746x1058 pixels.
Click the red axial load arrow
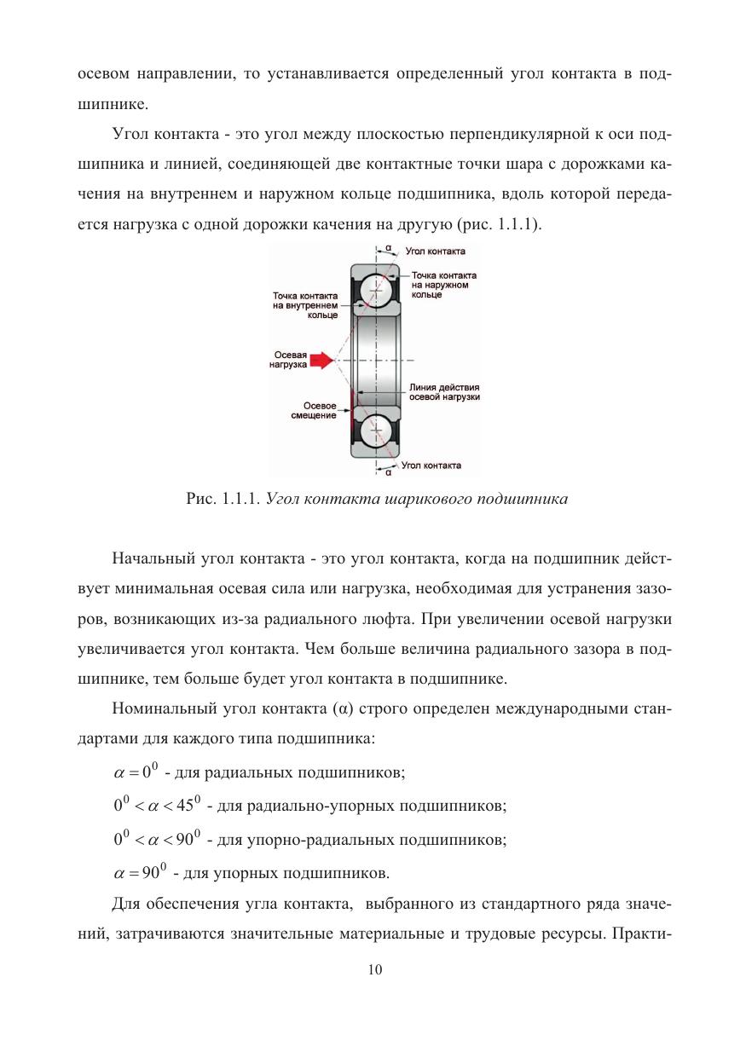click(321, 361)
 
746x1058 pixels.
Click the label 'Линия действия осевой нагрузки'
click(444, 392)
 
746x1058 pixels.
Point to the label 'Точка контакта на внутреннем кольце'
click(304, 305)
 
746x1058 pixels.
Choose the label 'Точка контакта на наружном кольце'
click(443, 285)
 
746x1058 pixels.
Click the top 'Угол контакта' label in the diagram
click(435, 252)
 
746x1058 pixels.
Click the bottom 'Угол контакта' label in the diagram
click(431, 465)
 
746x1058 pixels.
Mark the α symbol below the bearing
click(388, 471)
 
